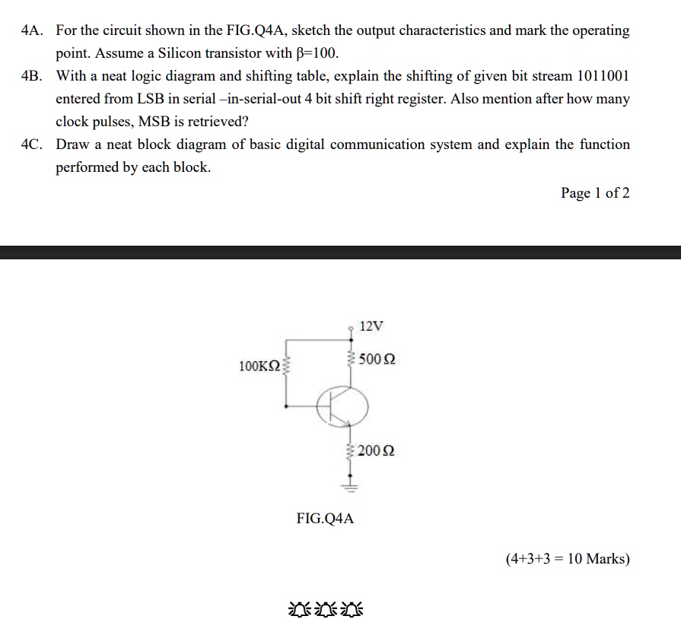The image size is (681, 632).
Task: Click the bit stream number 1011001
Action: pos(603,76)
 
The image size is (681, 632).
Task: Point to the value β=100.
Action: pos(314,54)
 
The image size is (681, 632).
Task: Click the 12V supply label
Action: pos(371,326)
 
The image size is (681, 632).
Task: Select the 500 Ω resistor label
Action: pos(377,358)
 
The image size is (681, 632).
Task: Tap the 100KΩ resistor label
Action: pos(259,367)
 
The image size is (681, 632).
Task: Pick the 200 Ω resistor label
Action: pos(377,451)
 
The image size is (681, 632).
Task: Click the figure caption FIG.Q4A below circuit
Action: pos(325,519)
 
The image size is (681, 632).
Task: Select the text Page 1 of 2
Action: pos(595,193)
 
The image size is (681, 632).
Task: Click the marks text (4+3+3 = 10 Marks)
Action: pos(568,559)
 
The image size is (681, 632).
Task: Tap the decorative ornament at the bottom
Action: pos(326,609)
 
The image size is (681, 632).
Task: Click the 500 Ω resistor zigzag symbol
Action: pos(352,357)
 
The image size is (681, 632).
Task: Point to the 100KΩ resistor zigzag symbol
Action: pos(286,367)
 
